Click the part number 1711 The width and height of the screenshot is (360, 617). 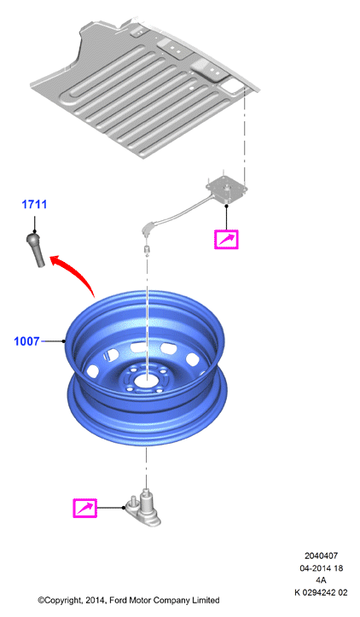point(34,204)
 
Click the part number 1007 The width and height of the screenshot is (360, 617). point(26,341)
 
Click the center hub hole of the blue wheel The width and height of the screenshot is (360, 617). point(147,380)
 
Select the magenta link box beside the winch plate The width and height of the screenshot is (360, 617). point(226,239)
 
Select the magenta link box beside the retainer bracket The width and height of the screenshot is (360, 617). point(84,508)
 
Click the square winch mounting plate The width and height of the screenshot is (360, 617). point(227,189)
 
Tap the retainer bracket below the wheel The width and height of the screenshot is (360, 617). point(143,511)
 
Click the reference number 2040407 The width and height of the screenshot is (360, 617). point(321,556)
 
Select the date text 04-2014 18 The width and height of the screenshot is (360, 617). point(321,568)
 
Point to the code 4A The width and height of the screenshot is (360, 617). point(321,580)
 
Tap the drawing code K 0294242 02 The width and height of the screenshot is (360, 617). point(321,592)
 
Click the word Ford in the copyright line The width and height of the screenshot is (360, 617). point(119,601)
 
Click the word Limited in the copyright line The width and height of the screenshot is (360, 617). point(206,601)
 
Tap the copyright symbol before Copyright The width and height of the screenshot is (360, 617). point(41,601)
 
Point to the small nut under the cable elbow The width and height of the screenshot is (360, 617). point(147,248)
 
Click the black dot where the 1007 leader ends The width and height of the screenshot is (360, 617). point(64,341)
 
